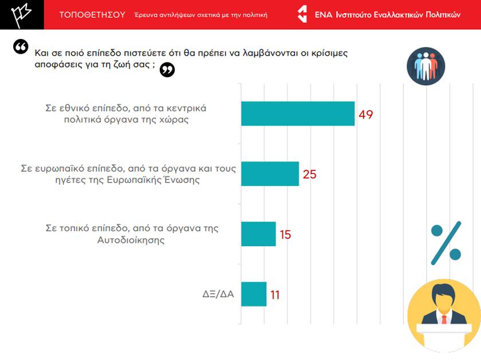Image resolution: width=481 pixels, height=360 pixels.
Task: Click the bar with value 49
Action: [298, 113]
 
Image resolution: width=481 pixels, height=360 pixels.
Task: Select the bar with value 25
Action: [270, 173]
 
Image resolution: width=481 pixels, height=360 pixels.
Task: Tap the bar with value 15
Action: [258, 234]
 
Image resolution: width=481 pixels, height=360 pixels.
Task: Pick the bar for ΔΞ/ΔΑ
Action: [254, 294]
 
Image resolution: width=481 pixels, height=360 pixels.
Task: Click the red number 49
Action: [366, 114]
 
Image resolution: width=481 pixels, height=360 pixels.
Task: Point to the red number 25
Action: [310, 175]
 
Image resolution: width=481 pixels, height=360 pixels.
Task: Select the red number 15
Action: [285, 235]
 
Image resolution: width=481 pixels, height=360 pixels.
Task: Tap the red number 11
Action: [275, 295]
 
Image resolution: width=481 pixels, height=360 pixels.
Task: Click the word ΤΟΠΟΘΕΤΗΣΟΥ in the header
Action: [92, 15]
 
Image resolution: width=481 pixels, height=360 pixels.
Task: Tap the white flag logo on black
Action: [21, 15]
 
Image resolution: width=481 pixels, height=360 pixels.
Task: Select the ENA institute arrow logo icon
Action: [302, 15]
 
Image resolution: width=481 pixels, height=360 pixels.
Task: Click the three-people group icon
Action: [425, 66]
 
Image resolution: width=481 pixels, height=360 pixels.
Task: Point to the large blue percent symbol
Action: [446, 243]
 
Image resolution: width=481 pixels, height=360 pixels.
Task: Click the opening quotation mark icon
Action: [21, 46]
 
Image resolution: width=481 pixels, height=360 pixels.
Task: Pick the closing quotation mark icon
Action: [167, 70]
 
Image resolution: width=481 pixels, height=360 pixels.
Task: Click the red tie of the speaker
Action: [444, 319]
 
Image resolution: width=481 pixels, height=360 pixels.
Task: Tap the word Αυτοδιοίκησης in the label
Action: [131, 240]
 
